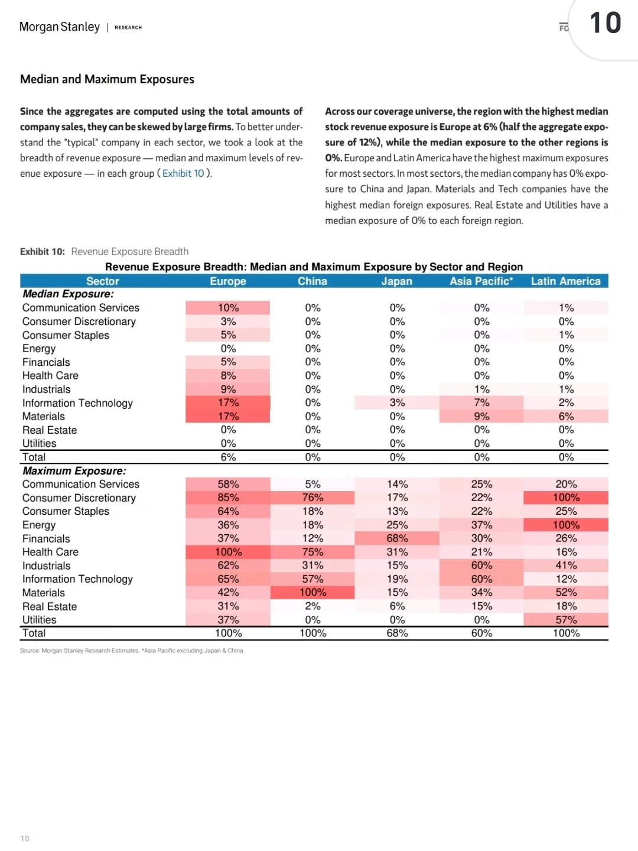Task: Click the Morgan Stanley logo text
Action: pyautogui.click(x=60, y=27)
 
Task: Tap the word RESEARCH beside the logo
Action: pyautogui.click(x=128, y=28)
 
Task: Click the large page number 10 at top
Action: pyautogui.click(x=606, y=24)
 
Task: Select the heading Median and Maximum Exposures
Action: pyautogui.click(x=107, y=79)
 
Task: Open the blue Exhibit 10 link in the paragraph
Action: pyautogui.click(x=183, y=173)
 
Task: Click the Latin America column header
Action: pyautogui.click(x=565, y=281)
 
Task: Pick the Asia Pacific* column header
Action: pyautogui.click(x=481, y=281)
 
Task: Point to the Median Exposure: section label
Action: pyautogui.click(x=68, y=294)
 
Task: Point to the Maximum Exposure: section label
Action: pyautogui.click(x=74, y=471)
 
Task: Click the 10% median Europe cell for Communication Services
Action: pyautogui.click(x=228, y=308)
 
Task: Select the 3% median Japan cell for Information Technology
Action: pyautogui.click(x=397, y=402)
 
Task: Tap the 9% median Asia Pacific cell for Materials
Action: pyautogui.click(x=481, y=416)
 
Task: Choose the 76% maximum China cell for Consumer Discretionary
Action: pyautogui.click(x=313, y=498)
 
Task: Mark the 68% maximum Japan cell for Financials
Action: pyautogui.click(x=397, y=538)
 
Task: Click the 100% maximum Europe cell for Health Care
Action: pyautogui.click(x=228, y=552)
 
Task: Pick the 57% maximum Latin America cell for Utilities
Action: pyautogui.click(x=566, y=620)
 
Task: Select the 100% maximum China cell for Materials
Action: pyautogui.click(x=313, y=592)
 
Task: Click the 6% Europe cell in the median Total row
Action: pyautogui.click(x=228, y=457)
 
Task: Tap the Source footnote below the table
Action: pyautogui.click(x=131, y=651)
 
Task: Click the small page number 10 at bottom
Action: pyautogui.click(x=25, y=839)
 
